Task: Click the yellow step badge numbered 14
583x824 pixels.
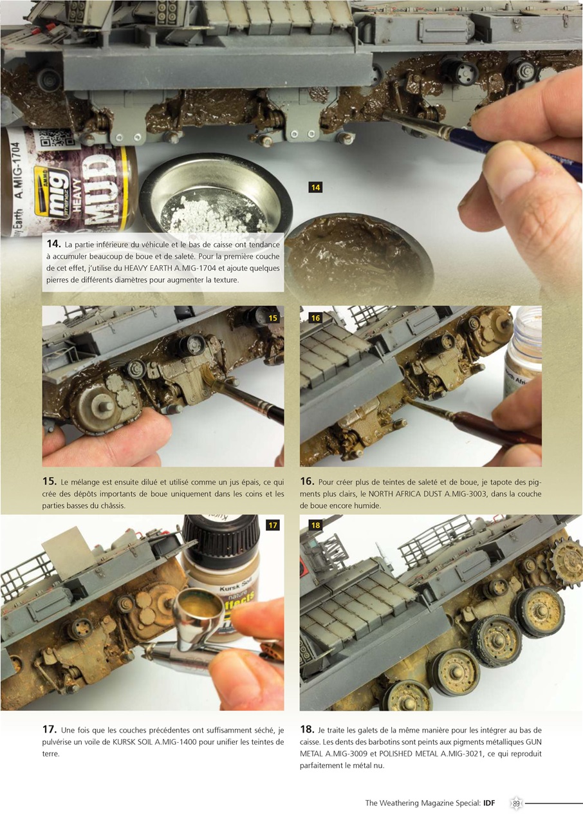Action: pyautogui.click(x=315, y=187)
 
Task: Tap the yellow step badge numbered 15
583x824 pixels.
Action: pyautogui.click(x=273, y=318)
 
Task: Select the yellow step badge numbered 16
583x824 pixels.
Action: pyautogui.click(x=315, y=318)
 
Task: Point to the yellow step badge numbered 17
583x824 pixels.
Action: pyautogui.click(x=273, y=525)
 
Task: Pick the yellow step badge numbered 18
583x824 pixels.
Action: pyautogui.click(x=315, y=525)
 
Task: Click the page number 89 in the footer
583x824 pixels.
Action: pyautogui.click(x=516, y=803)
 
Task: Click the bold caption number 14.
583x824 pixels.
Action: pyautogui.click(x=53, y=244)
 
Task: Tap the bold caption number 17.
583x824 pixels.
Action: pyautogui.click(x=50, y=729)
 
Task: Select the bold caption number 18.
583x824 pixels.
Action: pyautogui.click(x=307, y=729)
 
